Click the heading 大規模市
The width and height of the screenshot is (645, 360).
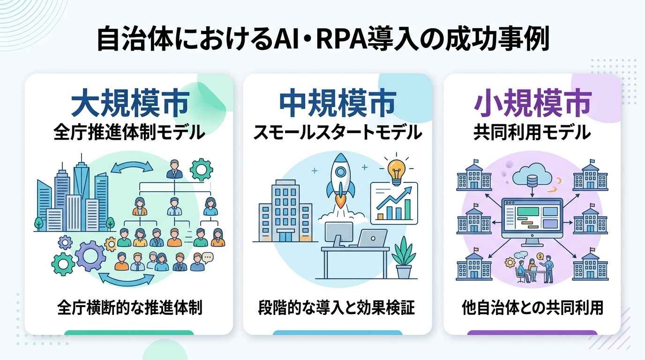tap(130, 103)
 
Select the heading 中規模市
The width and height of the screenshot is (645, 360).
tap(337, 103)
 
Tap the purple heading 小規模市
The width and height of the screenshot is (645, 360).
tap(532, 103)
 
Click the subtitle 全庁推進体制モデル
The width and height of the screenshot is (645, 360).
tap(129, 132)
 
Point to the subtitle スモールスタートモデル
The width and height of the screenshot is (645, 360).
tap(337, 132)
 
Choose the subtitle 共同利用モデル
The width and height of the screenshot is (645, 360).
tap(532, 132)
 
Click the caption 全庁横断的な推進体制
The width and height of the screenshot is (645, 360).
tap(130, 307)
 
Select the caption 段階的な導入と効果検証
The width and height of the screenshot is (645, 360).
tap(336, 307)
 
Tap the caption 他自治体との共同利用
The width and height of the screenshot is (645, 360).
tap(532, 307)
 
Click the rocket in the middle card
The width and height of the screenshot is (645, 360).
tap(340, 180)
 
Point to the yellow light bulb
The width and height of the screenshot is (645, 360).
tap(397, 172)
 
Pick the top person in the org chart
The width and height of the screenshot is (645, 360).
tap(174, 169)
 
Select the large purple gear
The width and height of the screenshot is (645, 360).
tap(90, 256)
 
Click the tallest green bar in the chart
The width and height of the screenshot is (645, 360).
tap(407, 210)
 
